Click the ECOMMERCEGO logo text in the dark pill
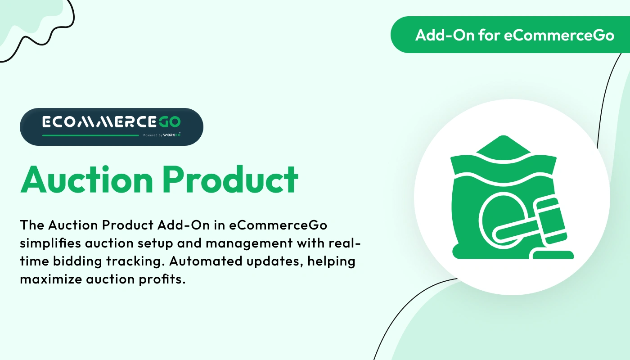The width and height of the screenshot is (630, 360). click(111, 122)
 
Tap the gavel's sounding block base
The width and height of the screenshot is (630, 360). click(553, 255)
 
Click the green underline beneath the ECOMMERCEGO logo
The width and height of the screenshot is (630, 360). click(90, 135)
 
